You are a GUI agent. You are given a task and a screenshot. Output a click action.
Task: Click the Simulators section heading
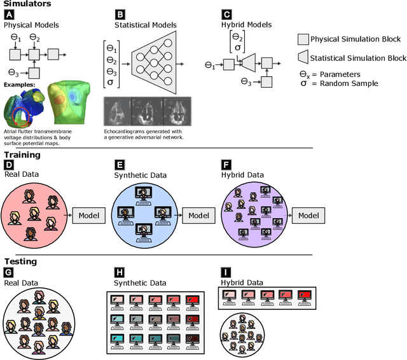(25, 4)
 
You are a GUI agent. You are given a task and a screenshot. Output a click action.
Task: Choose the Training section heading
(22, 155)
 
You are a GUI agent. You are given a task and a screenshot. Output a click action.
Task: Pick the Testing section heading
(20, 261)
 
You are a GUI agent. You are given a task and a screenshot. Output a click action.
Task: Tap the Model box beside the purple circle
(308, 216)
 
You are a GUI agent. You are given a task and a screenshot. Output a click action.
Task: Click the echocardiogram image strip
(147, 111)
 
